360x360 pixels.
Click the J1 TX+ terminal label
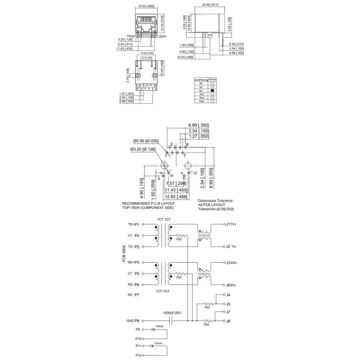230,224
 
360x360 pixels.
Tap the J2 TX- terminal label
231,246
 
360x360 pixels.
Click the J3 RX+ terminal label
231,262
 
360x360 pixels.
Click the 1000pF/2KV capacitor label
173,313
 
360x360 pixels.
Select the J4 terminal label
228,295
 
